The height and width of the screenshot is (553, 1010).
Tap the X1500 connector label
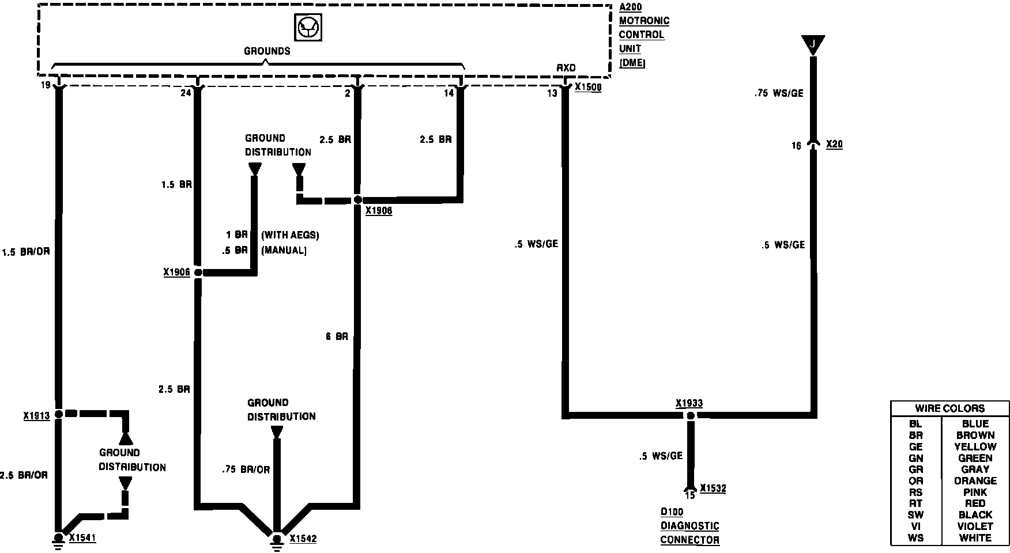pyautogui.click(x=588, y=88)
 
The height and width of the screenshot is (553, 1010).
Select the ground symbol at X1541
pyautogui.click(x=58, y=539)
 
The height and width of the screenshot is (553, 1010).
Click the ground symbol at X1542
pyautogui.click(x=277, y=539)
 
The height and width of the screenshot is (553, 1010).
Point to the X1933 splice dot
pyautogui.click(x=690, y=415)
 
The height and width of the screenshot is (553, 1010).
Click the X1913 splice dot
pyautogui.click(x=59, y=414)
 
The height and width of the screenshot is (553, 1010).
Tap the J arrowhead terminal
pyautogui.click(x=813, y=44)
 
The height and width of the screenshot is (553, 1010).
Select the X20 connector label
pyautogui.click(x=834, y=144)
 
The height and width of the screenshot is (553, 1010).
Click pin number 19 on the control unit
pyautogui.click(x=45, y=86)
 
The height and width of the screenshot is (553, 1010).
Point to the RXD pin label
pyautogui.click(x=566, y=68)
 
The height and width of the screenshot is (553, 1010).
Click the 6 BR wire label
pyautogui.click(x=337, y=336)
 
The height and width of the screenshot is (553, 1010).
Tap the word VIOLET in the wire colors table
pyautogui.click(x=975, y=526)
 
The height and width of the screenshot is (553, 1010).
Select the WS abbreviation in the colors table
pyautogui.click(x=915, y=537)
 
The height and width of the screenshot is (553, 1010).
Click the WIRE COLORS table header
pyautogui.click(x=949, y=408)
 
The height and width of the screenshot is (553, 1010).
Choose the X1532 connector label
pyautogui.click(x=713, y=489)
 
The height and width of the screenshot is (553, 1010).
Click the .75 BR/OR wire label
pyautogui.click(x=246, y=469)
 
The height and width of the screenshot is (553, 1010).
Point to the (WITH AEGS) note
pyautogui.click(x=290, y=235)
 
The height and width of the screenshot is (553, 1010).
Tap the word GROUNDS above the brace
pyautogui.click(x=266, y=51)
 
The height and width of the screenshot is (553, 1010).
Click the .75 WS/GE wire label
pyautogui.click(x=779, y=93)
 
